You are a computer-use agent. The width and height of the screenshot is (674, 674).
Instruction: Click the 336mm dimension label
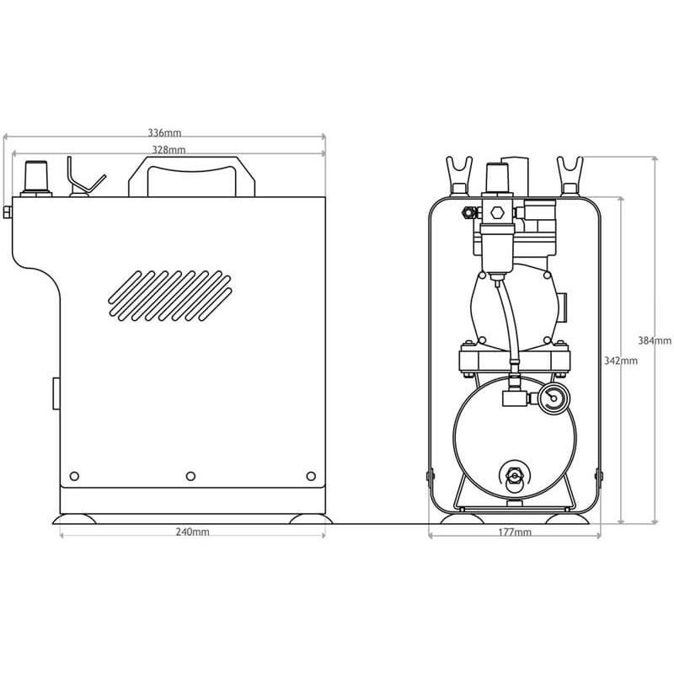(x=164, y=133)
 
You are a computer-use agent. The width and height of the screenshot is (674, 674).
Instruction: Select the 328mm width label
(x=168, y=149)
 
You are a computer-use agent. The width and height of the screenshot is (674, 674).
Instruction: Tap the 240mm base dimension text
(x=192, y=532)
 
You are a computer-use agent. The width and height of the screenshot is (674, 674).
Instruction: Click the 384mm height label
(x=655, y=340)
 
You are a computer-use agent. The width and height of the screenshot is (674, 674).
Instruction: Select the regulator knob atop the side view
(x=35, y=177)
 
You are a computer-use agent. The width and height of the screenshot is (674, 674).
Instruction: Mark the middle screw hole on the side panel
(x=191, y=476)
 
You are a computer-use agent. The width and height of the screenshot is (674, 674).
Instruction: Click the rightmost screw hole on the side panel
(x=311, y=476)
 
